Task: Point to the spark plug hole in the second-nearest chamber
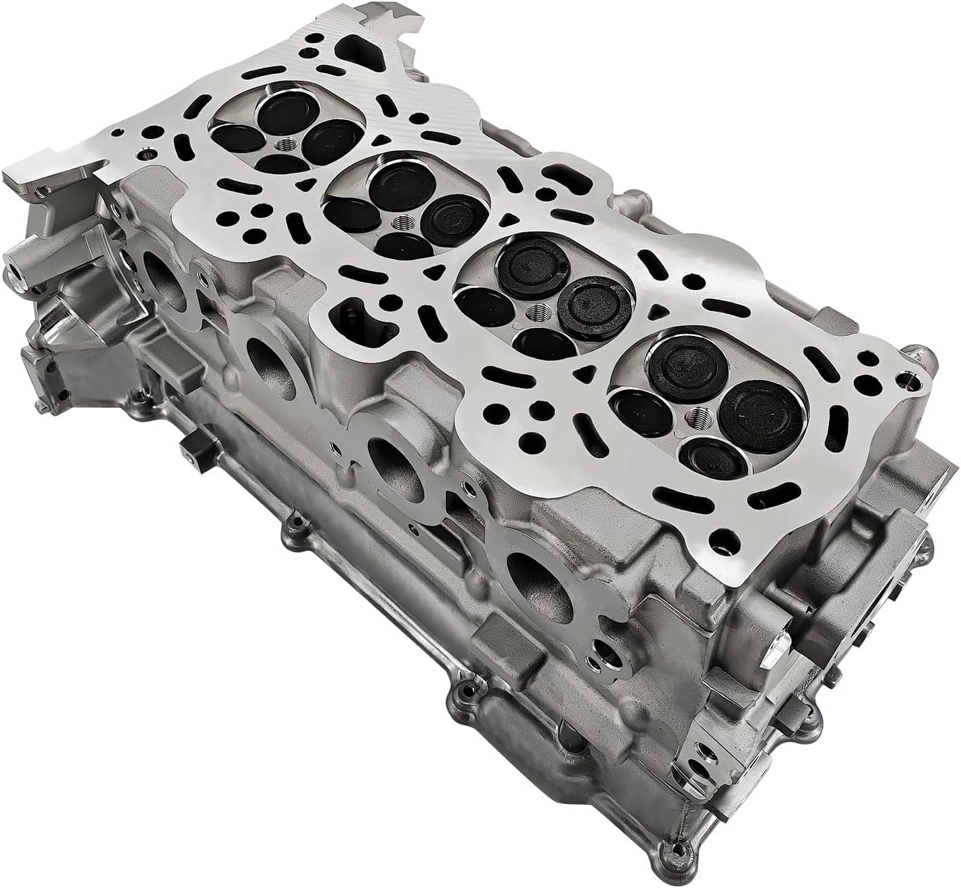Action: pyautogui.click(x=538, y=312)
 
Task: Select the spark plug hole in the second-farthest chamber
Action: pyautogui.click(x=404, y=222)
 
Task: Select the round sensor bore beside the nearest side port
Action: pyautogui.click(x=603, y=652)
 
